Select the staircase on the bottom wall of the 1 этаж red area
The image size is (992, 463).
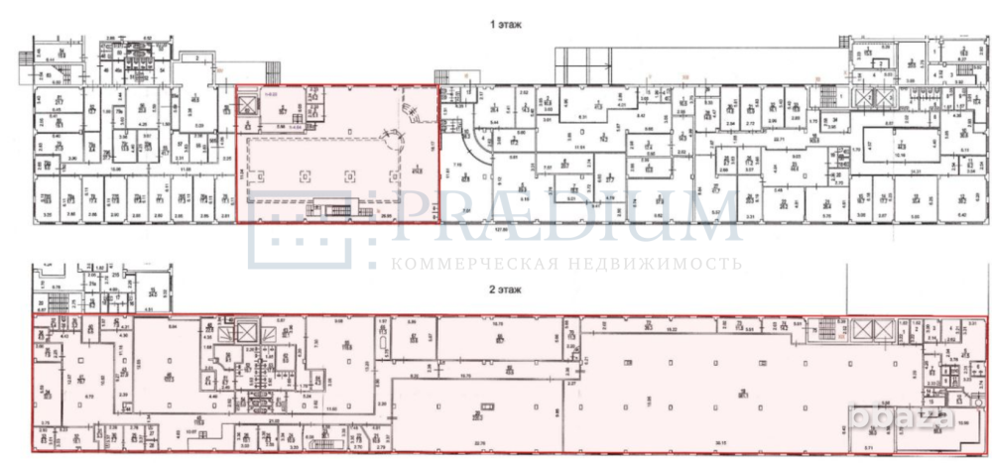tap(331, 209)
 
